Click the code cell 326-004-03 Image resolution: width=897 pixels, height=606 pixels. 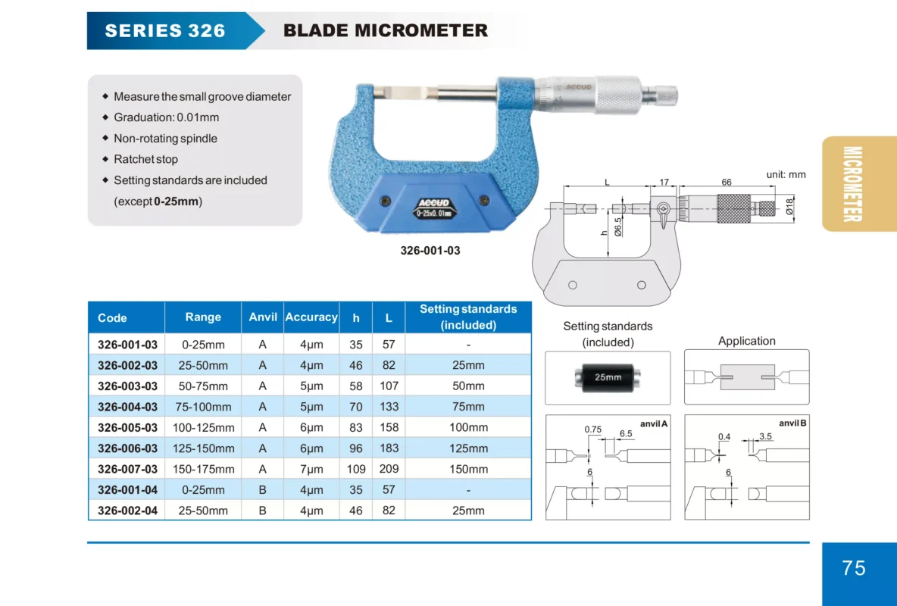tap(127, 407)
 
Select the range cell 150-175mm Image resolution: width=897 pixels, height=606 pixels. tap(203, 469)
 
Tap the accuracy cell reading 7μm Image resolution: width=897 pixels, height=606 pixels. tap(311, 469)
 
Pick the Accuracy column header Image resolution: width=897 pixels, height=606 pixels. tap(311, 317)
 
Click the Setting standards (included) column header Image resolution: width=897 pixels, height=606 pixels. tap(468, 317)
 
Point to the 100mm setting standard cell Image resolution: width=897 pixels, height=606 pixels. tap(468, 427)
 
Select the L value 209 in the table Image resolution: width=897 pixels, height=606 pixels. tap(389, 469)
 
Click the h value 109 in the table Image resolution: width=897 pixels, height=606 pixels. tap(356, 469)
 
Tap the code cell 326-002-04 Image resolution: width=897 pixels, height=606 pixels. tap(127, 511)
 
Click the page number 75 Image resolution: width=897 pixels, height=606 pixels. tap(854, 568)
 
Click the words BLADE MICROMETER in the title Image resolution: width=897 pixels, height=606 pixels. tap(386, 31)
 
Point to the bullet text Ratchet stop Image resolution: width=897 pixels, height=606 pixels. tap(145, 159)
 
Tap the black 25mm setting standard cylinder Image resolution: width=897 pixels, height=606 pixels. tap(608, 377)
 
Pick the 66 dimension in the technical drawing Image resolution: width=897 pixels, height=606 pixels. tap(726, 183)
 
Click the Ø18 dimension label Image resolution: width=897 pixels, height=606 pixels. tap(789, 206)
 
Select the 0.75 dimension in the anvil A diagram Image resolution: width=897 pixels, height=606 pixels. tap(592, 430)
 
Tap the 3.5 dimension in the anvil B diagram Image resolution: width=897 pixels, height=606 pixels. tap(765, 436)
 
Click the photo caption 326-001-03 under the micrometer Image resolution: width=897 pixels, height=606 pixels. tap(430, 251)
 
